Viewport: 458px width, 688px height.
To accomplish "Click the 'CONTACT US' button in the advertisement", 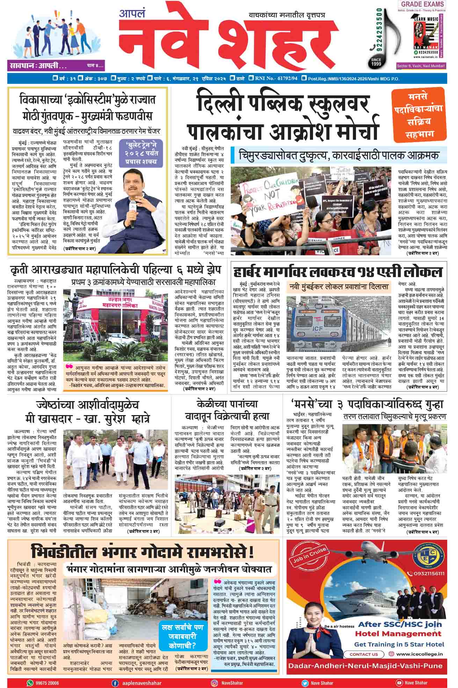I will tap(364, 654).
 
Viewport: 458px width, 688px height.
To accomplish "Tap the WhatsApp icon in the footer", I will tap(30, 682).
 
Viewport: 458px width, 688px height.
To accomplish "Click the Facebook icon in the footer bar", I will tap(115, 682).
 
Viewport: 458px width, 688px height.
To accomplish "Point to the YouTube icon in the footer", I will tap(399, 682).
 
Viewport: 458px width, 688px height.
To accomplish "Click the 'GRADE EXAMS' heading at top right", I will tap(422, 5).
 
